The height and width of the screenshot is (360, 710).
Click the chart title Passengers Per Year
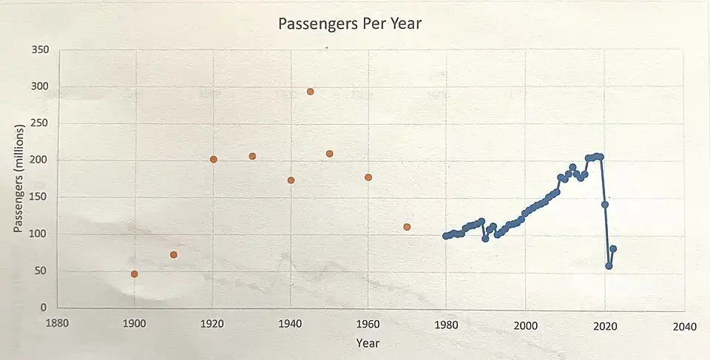pos(349,24)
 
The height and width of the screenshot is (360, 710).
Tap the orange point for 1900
pos(135,274)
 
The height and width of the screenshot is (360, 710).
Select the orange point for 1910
pos(174,255)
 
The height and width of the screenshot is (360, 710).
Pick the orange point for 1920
pos(214,160)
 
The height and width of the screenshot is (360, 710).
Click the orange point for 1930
pos(252,157)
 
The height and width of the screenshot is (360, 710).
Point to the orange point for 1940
pos(291,180)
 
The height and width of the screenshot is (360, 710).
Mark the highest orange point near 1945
pos(311,92)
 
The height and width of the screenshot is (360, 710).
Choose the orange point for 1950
pos(330,154)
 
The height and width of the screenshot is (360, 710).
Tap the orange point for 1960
pos(368,177)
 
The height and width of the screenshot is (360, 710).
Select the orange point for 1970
pos(407,227)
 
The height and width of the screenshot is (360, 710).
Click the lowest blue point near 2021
pos(609,266)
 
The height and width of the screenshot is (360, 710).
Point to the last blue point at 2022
pos(613,249)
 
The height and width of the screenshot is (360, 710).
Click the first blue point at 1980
pos(445,236)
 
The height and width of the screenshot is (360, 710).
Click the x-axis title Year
pos(368,343)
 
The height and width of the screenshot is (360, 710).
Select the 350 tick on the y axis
pos(39,50)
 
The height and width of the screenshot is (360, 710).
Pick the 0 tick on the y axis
pos(44,308)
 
